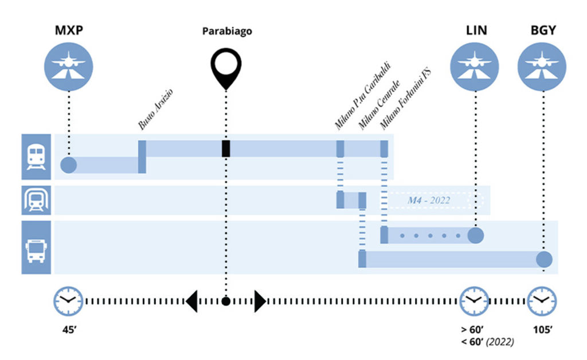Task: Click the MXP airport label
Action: pyautogui.click(x=68, y=30)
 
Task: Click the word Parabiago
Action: pyautogui.click(x=227, y=31)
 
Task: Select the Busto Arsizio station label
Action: pyautogui.click(x=156, y=109)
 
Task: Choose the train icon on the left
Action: pyautogui.click(x=36, y=156)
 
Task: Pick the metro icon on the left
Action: pyautogui.click(x=36, y=200)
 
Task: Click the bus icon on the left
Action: pyautogui.click(x=36, y=247)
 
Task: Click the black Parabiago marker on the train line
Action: pyautogui.click(x=226, y=148)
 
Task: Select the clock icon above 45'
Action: pyautogui.click(x=68, y=300)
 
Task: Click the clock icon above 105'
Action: pyautogui.click(x=542, y=300)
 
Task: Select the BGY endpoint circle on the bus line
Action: pyautogui.click(x=544, y=259)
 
